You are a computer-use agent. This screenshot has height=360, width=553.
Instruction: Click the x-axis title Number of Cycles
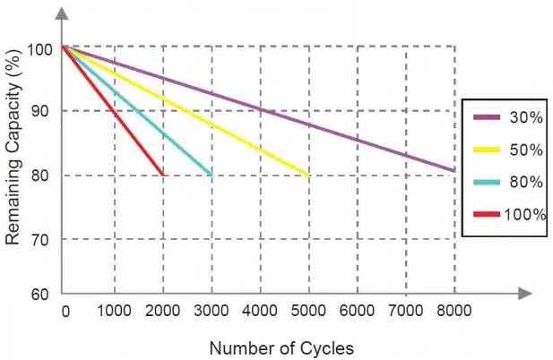point(281,347)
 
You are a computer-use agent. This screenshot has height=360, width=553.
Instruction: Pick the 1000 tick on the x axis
point(114,311)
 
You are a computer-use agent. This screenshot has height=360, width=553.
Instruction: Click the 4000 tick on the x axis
point(260,311)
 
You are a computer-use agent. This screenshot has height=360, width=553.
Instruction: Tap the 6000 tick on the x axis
point(358,311)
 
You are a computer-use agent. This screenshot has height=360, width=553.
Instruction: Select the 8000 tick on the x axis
point(454,311)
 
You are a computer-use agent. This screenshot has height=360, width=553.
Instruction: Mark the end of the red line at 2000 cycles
point(162,175)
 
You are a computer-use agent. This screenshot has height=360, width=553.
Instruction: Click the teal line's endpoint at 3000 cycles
point(212,175)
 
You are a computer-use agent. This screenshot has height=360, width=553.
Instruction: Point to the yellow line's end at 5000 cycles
point(309,175)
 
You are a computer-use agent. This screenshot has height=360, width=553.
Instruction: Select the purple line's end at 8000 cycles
point(454,170)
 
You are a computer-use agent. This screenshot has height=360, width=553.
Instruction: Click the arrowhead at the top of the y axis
point(62,13)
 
